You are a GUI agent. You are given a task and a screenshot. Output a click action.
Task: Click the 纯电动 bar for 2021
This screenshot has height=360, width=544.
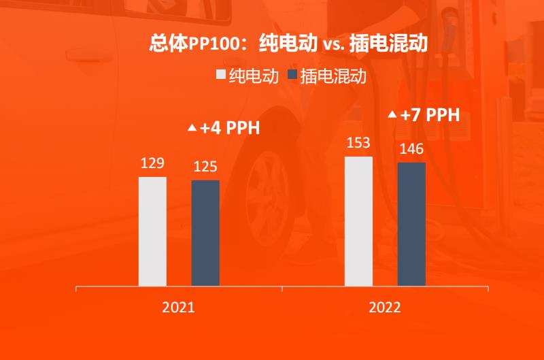pos(152,231)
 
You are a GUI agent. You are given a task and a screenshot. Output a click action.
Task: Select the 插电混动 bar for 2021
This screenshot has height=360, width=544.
pos(205,233)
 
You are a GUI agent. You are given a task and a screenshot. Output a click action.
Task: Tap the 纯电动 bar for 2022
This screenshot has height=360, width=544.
pos(358,221)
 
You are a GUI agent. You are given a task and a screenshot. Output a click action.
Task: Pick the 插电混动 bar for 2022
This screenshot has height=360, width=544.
pos(411,224)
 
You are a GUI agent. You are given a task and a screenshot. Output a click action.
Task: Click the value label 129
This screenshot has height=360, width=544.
pos(152,164)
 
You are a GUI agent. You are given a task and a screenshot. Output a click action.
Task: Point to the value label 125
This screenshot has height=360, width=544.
pos(205,167)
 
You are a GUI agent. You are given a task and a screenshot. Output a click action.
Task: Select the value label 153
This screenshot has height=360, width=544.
pos(358,144)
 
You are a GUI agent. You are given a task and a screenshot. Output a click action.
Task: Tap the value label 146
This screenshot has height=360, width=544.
pos(411,148)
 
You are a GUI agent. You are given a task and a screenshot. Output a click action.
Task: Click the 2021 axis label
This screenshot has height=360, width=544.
pos(178,307)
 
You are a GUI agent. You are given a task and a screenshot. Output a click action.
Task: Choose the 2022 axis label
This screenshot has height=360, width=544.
pos(385,307)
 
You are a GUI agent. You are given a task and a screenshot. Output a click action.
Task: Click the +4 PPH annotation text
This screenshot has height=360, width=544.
pos(230,128)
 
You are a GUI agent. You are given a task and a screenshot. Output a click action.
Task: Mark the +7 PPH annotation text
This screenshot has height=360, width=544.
pos(430,115)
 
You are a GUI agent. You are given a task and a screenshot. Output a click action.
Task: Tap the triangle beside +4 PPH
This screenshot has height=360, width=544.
pos(192,128)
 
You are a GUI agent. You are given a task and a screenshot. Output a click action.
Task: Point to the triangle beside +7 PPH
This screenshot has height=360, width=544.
pos(392,115)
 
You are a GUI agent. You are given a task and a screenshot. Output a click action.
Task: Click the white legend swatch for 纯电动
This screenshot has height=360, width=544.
pos(221,75)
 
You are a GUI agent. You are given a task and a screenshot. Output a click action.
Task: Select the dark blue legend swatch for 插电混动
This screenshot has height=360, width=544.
pos(292,75)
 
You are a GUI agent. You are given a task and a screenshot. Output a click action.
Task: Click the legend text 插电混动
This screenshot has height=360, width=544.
pos(333,76)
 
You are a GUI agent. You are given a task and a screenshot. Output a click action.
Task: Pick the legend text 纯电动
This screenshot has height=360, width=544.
pos(254,76)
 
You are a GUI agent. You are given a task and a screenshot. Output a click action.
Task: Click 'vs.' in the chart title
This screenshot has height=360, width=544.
pos(334,45)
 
